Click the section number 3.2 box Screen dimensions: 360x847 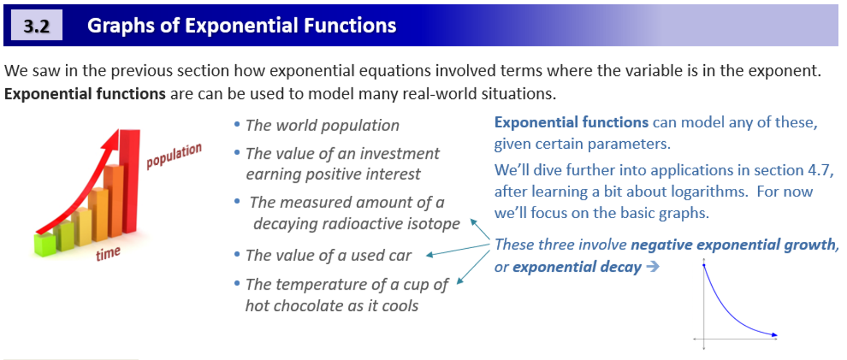pos(36,25)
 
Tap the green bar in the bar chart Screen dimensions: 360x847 pos(45,245)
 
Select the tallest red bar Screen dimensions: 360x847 pos(130,182)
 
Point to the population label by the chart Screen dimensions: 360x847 pos(174,155)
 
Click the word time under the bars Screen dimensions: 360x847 pos(108,253)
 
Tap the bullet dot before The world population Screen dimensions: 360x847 pos(237,125)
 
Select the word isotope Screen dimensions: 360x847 pos(433,224)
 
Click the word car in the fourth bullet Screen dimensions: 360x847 pos(400,256)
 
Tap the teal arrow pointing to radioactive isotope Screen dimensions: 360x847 pos(480,228)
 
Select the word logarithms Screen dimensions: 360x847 pos(709,192)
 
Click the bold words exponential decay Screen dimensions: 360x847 pos(576,267)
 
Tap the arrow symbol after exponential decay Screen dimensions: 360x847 pos(652,266)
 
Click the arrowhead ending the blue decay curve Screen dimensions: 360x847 pos(774,335)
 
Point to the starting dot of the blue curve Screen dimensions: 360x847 pos(704,265)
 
